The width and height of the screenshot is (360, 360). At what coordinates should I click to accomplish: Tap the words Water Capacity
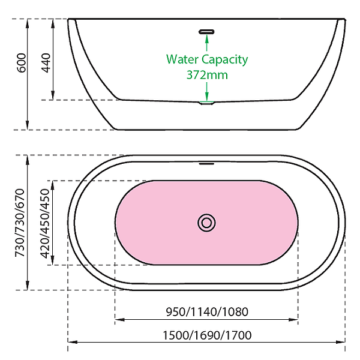tap(207, 59)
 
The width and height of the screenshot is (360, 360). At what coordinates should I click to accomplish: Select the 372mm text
tap(207, 75)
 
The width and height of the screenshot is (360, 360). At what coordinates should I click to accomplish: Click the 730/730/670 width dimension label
tap(22, 222)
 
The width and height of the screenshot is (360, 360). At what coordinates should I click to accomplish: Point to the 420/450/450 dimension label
tap(44, 223)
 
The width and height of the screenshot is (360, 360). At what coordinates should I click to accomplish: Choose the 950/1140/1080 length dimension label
tap(206, 311)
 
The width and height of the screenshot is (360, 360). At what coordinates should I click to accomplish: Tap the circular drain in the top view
tap(206, 223)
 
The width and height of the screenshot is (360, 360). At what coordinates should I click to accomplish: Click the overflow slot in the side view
tap(207, 31)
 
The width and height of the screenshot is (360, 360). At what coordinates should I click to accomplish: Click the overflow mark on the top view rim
tap(207, 162)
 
